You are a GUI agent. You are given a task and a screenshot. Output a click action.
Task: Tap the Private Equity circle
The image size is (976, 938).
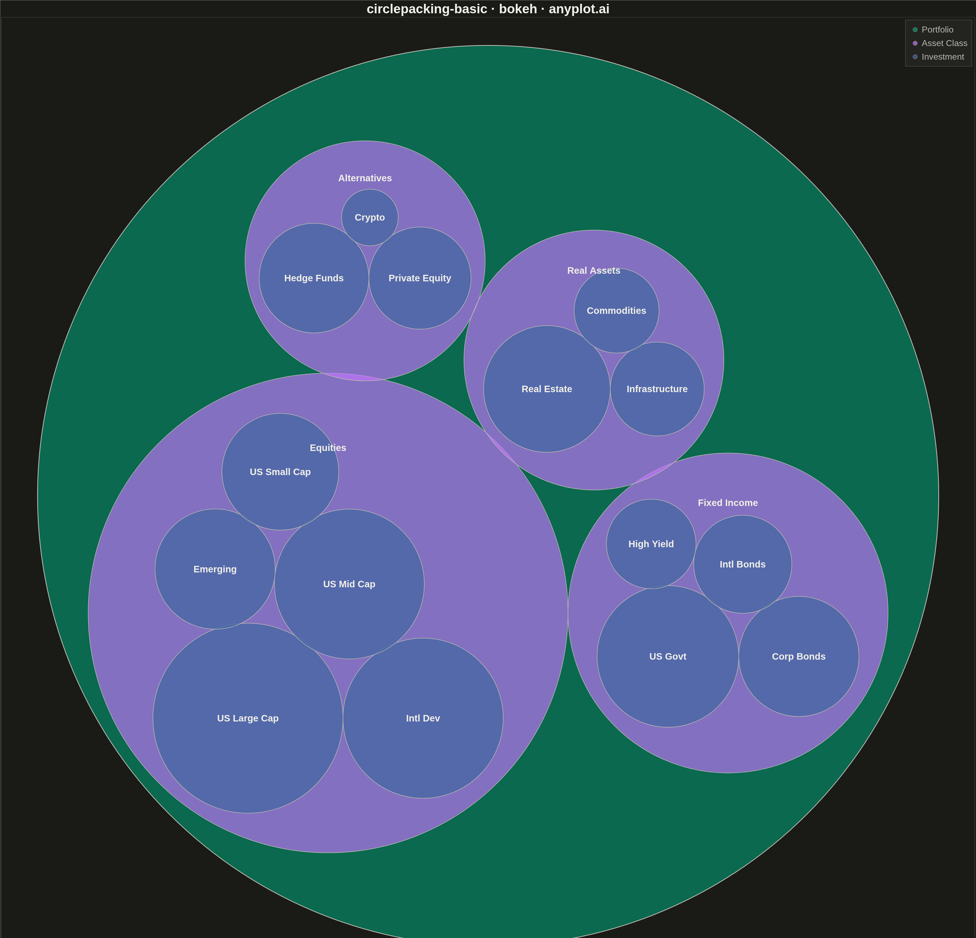(x=420, y=278)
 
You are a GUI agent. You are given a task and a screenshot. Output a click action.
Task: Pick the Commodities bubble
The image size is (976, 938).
(x=617, y=310)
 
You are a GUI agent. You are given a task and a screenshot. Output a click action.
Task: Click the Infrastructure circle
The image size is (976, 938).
(x=657, y=389)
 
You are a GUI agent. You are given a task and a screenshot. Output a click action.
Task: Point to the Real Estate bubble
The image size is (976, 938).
(x=547, y=389)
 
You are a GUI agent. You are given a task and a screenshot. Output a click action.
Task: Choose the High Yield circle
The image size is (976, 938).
(x=651, y=544)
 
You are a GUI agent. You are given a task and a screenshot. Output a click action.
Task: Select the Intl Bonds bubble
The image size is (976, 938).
(x=743, y=564)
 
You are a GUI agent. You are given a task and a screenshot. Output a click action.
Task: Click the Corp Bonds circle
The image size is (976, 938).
(x=799, y=656)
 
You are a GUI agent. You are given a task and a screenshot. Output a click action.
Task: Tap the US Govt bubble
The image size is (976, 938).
(x=668, y=656)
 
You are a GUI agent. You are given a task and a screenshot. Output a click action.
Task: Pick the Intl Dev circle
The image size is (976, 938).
(x=423, y=718)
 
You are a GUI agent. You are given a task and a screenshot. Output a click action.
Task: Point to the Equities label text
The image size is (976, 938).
(x=328, y=448)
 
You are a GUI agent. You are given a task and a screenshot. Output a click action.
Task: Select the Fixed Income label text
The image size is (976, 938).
(x=727, y=503)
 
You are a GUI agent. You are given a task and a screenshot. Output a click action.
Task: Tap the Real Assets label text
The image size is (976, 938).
(x=593, y=270)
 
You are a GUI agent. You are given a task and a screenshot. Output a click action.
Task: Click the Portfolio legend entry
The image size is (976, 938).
(x=933, y=29)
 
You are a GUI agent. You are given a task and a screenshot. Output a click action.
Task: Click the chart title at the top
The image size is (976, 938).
(x=488, y=9)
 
